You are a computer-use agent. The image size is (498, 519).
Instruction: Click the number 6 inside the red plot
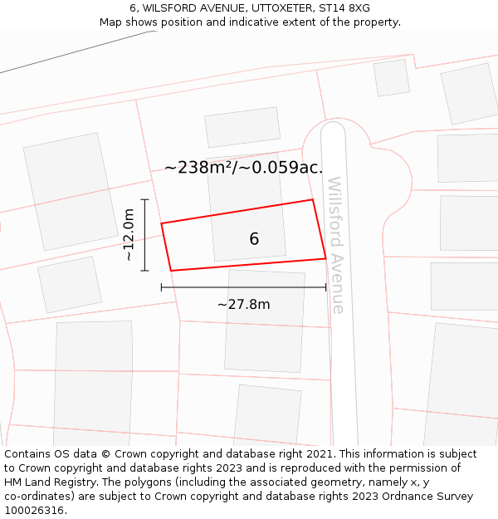[254, 239]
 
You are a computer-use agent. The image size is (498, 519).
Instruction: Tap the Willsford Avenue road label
[335, 245]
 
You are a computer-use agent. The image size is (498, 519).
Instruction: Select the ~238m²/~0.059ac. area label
[243, 168]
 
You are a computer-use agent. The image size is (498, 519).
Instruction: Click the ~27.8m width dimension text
[243, 304]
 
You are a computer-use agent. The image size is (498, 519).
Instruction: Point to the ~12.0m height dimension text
[129, 235]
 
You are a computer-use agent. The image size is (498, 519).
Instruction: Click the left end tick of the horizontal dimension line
[161, 287]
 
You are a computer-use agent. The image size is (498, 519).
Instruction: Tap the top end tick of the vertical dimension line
[144, 199]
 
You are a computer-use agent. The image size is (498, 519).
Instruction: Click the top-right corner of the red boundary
[312, 199]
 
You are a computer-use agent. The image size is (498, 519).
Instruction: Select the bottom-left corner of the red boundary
[171, 271]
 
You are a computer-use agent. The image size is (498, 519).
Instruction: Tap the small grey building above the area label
[242, 127]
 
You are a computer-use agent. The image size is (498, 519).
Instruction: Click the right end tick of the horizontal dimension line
[326, 287]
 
